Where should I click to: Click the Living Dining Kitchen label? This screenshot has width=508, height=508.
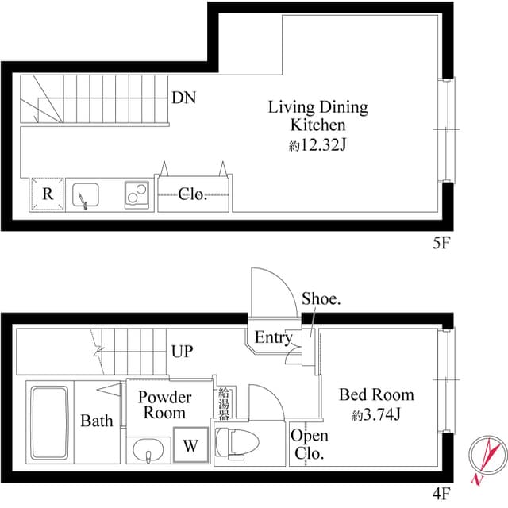tap(317, 116)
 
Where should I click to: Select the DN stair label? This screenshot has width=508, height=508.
tap(184, 98)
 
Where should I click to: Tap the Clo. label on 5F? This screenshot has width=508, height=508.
tap(193, 194)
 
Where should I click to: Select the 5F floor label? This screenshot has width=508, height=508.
tap(441, 243)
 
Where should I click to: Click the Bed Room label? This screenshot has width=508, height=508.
tap(376, 394)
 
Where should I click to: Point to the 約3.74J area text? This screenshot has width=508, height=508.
tap(376, 414)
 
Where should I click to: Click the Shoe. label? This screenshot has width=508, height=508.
tap(321, 299)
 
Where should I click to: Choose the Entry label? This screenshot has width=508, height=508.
tap(273, 338)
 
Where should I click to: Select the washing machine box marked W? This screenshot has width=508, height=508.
tap(191, 445)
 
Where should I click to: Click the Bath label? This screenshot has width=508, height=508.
tap(96, 421)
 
